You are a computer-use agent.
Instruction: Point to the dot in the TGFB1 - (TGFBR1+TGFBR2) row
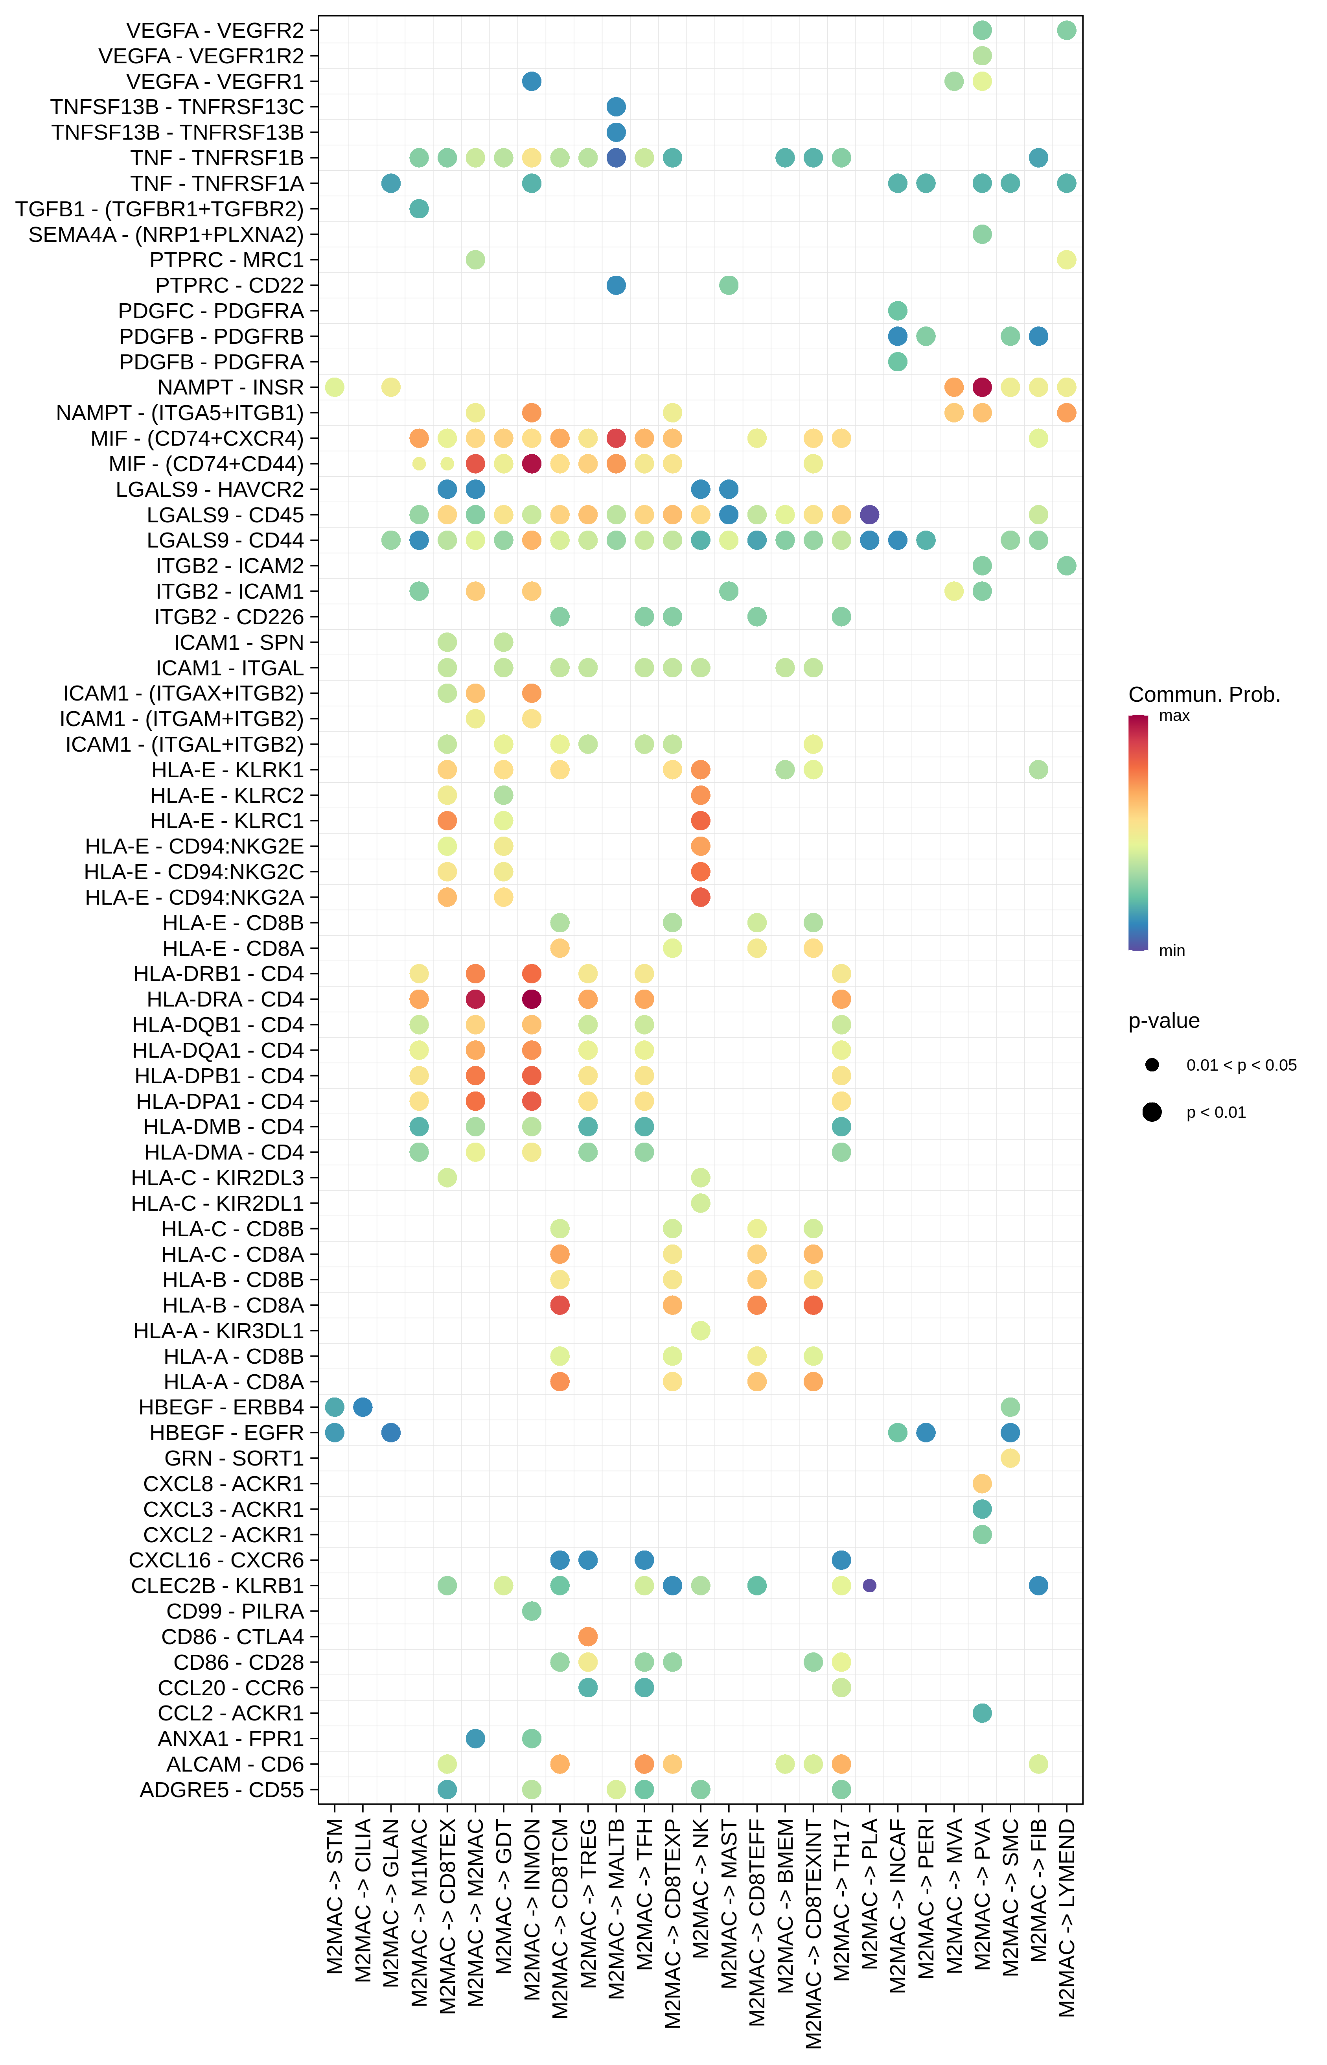click(x=419, y=208)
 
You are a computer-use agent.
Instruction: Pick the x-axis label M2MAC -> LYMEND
click(x=1067, y=1917)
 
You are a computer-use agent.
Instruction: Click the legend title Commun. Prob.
click(x=1204, y=695)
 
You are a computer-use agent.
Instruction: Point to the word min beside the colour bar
click(x=1172, y=951)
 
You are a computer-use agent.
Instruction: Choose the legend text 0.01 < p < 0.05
click(x=1241, y=1065)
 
